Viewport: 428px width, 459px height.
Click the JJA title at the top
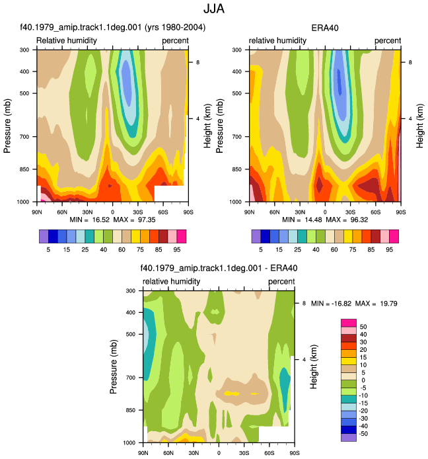214,9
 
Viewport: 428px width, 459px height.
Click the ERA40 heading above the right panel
325,28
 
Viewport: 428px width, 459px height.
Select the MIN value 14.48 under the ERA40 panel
313,220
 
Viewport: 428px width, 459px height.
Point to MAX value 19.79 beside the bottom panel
388,304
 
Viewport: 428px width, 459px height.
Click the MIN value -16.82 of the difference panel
341,304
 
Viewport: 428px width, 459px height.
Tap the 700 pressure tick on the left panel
24,137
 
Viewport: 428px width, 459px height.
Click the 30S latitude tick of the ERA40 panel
350,212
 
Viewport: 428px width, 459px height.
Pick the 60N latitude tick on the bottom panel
168,453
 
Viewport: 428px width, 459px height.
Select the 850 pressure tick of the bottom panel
131,410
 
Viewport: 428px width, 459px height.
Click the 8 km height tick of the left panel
197,62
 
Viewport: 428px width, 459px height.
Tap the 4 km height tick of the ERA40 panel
410,118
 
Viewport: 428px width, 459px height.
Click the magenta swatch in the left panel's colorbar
182,237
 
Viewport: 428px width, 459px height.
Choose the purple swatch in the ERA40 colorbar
256,237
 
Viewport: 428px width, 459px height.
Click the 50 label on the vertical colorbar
363,327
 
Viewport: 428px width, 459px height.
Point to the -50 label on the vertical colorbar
363,433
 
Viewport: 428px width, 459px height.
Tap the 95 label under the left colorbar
177,250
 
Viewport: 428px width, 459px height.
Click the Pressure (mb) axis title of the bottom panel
114,366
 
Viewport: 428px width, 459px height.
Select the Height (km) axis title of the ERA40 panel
420,126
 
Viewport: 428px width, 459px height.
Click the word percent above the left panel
175,41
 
